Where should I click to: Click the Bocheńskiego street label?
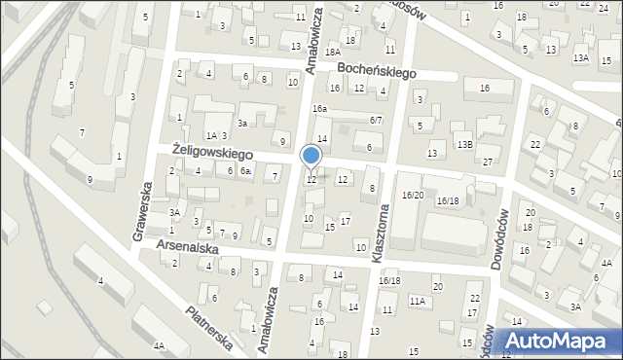pyautogui.click(x=377, y=71)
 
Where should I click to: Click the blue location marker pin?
pyautogui.click(x=311, y=156)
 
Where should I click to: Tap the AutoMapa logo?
pyautogui.click(x=557, y=341)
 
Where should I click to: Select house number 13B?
pyautogui.click(x=465, y=144)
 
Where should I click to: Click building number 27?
pyautogui.click(x=488, y=162)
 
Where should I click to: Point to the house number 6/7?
pyautogui.click(x=376, y=120)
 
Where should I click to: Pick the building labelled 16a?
pyautogui.click(x=318, y=109)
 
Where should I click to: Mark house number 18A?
pyautogui.click(x=332, y=52)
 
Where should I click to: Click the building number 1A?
pyautogui.click(x=210, y=135)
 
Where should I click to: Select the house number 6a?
pyautogui.click(x=246, y=171)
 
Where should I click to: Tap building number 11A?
pyautogui.click(x=417, y=302)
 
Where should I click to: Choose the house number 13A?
pyautogui.click(x=581, y=58)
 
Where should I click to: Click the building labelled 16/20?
pyautogui.click(x=413, y=196)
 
